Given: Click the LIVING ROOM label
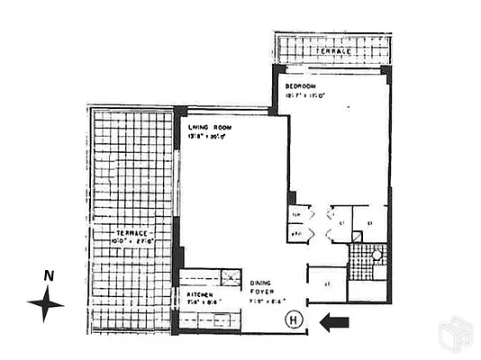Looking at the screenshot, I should click(205, 128).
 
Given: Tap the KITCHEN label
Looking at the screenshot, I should click(200, 294).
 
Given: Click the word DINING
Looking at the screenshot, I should click(260, 283).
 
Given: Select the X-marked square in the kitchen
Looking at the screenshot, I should click(231, 277).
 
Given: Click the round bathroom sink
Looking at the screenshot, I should click(377, 255).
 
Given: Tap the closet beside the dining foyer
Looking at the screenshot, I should click(327, 283).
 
